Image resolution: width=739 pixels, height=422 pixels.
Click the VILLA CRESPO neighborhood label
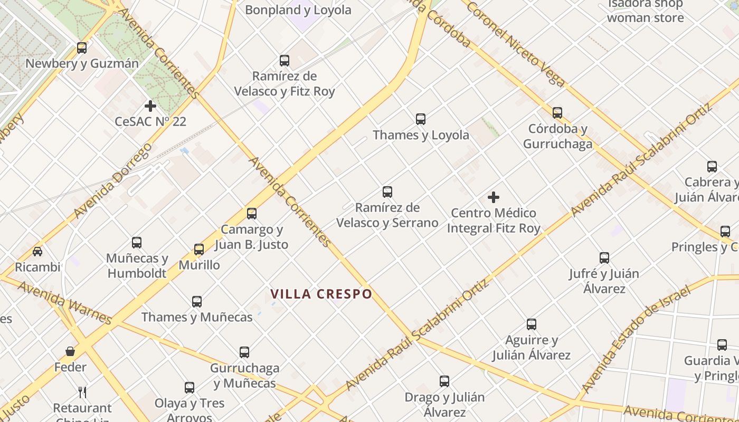pyautogui.click(x=321, y=294)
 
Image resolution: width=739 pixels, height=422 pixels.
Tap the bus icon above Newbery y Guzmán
pyautogui.click(x=82, y=48)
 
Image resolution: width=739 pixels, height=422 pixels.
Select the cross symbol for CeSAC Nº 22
pyautogui.click(x=150, y=106)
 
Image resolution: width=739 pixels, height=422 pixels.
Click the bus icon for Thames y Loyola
pyautogui.click(x=421, y=119)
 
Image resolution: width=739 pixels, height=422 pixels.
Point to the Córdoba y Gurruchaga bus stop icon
pyautogui.click(x=557, y=113)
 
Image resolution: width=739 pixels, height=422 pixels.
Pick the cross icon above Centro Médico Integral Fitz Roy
pyautogui.click(x=494, y=198)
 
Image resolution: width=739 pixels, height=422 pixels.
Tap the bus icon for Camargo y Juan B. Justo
pyautogui.click(x=252, y=214)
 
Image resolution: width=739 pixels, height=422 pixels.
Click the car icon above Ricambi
pyautogui.click(x=37, y=251)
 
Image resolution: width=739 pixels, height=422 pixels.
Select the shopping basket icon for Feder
pyautogui.click(x=70, y=351)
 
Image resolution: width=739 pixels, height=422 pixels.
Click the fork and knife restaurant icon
pyautogui.click(x=82, y=392)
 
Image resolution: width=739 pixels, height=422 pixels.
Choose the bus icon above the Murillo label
pyautogui.click(x=199, y=250)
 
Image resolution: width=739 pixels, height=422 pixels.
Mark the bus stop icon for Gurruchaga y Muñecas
pyautogui.click(x=244, y=352)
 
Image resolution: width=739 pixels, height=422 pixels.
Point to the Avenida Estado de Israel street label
pyautogui.click(x=636, y=340)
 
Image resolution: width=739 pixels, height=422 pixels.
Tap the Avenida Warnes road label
pyautogui.click(x=64, y=302)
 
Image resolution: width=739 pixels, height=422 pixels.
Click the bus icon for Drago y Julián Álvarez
pyautogui.click(x=444, y=381)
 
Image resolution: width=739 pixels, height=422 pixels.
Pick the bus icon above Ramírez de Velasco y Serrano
pyautogui.click(x=387, y=192)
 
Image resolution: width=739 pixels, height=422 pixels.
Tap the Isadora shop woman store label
pyautogui.click(x=645, y=11)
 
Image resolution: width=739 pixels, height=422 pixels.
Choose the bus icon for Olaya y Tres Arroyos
pyautogui.click(x=190, y=388)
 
